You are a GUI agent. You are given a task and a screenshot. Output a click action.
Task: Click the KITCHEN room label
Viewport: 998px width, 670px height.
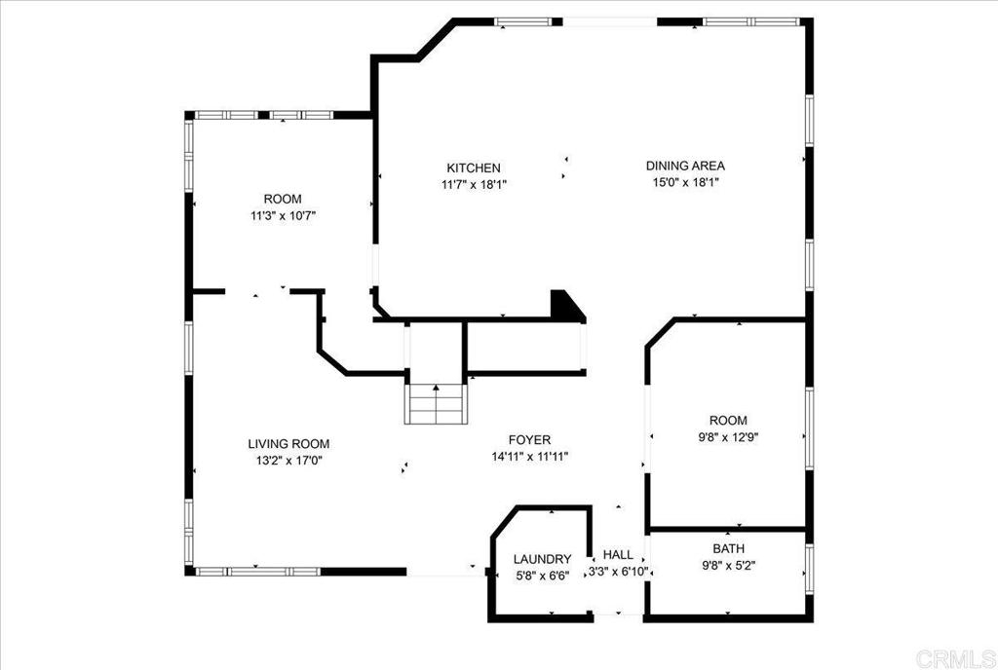pos(474,167)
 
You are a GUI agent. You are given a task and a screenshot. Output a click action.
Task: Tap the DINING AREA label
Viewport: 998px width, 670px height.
pos(685,166)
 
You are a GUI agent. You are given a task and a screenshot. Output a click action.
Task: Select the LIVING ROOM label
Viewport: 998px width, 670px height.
pos(288,444)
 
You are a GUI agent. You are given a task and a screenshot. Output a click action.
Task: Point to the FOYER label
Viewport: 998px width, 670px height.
pos(529,439)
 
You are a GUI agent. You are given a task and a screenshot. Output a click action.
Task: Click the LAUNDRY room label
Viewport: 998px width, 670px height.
pos(542,559)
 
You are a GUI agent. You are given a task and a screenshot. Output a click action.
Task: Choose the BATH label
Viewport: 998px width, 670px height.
pos(729,548)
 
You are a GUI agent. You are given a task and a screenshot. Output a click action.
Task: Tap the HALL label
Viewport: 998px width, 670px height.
pos(618,554)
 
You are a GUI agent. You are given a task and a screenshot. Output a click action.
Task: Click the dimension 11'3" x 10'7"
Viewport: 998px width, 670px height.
pos(284,215)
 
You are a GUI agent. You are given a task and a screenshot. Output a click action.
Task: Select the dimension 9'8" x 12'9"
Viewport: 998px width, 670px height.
pos(729,437)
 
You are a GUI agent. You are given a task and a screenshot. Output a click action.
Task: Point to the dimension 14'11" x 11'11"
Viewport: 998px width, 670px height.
pos(529,457)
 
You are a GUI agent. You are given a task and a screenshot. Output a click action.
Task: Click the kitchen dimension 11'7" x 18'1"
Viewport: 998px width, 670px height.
pos(474,185)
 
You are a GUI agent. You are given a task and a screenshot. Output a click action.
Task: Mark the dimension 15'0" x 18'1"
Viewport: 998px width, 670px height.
pos(685,183)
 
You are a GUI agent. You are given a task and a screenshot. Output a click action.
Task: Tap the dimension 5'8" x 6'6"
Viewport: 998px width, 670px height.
pos(542,576)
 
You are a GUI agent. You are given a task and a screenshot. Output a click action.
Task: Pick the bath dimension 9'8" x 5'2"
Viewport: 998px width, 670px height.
pos(729,566)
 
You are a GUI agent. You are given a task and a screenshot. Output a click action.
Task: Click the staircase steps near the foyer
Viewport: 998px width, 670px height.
pos(436,403)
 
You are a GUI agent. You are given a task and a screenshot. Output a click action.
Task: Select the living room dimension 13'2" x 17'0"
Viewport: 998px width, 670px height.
pos(288,461)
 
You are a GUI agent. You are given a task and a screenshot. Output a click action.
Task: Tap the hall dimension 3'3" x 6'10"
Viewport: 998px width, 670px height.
pos(618,572)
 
